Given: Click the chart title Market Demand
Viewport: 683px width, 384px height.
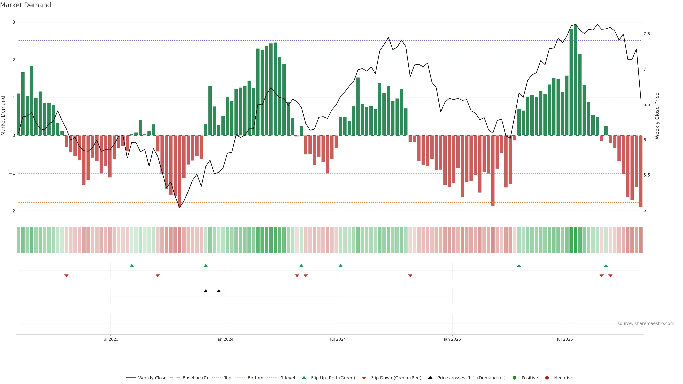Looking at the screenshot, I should click(x=25, y=5).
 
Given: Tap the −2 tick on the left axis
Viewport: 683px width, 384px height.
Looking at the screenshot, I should click(x=12, y=211).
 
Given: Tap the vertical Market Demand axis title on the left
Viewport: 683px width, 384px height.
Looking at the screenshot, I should click(x=3, y=116).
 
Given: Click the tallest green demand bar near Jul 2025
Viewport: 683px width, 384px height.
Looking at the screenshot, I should click(x=575, y=79).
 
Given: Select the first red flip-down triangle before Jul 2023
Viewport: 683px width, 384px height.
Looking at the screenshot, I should click(x=67, y=276).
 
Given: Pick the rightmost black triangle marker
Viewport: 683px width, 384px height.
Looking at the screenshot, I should click(x=219, y=291).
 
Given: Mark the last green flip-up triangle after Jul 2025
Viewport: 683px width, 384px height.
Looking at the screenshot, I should click(x=606, y=266).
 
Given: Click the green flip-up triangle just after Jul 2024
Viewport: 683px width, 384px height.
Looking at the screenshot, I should click(x=340, y=266).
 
